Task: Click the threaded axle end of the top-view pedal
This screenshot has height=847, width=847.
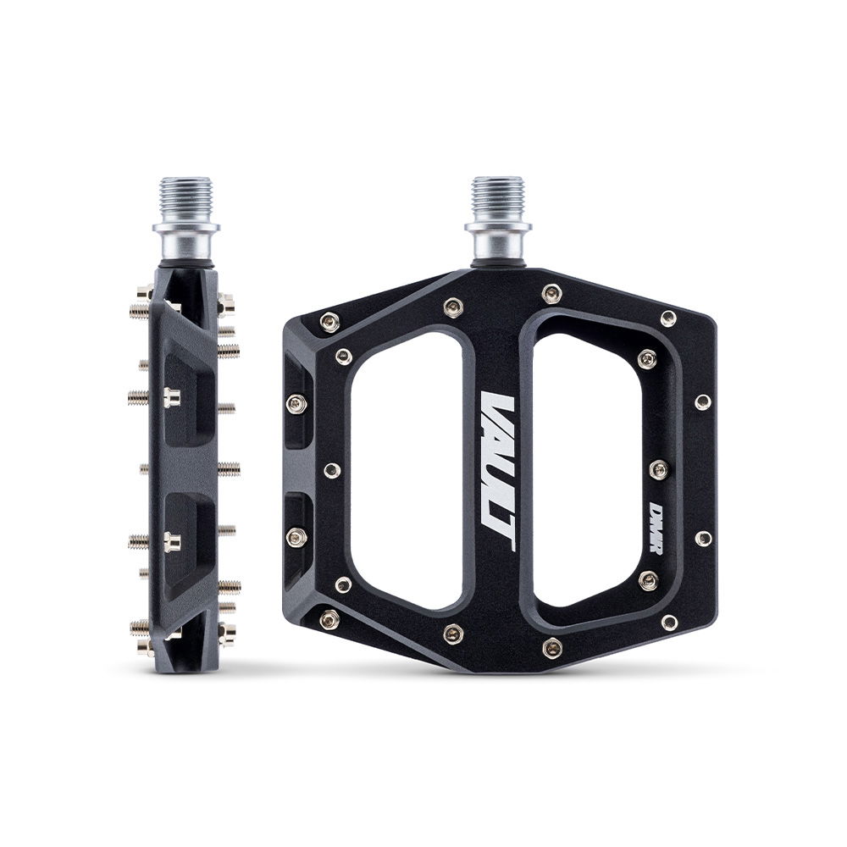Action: pos(497,198)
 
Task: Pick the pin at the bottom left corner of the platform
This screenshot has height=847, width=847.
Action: pos(331,617)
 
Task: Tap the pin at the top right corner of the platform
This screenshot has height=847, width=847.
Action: pos(668,318)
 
